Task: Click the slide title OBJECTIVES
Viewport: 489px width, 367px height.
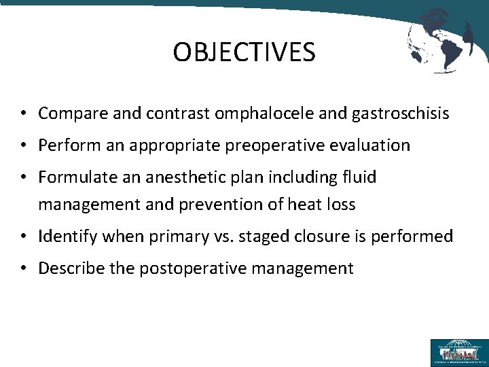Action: pyautogui.click(x=244, y=52)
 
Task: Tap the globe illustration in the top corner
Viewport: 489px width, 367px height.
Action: pyautogui.click(x=440, y=40)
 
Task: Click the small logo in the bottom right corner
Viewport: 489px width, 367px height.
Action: pyautogui.click(x=459, y=352)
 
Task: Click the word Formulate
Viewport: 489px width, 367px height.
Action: pyautogui.click(x=71, y=177)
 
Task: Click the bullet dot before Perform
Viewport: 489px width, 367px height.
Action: pyautogui.click(x=23, y=145)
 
